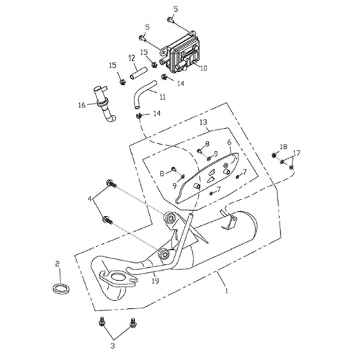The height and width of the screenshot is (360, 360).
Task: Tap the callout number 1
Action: (x=227, y=291)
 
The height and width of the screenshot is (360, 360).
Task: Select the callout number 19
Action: (x=156, y=281)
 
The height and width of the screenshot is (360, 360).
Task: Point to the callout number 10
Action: (x=203, y=68)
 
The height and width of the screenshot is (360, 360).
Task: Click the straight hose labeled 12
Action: (x=138, y=73)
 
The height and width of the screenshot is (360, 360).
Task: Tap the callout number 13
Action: (x=203, y=122)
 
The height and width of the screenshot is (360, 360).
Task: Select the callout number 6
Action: (x=230, y=142)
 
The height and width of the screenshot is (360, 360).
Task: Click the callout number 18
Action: (x=284, y=147)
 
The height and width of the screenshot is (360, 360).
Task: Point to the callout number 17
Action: (x=297, y=153)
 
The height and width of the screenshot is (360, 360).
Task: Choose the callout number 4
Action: (x=90, y=199)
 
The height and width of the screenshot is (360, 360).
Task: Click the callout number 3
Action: (x=112, y=346)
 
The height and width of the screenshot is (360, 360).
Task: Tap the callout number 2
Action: (x=58, y=264)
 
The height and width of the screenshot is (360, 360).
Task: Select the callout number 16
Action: (x=82, y=105)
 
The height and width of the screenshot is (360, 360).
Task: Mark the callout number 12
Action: (x=132, y=58)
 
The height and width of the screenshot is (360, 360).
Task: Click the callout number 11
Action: (x=163, y=97)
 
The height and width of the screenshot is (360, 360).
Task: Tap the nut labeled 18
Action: (x=274, y=156)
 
